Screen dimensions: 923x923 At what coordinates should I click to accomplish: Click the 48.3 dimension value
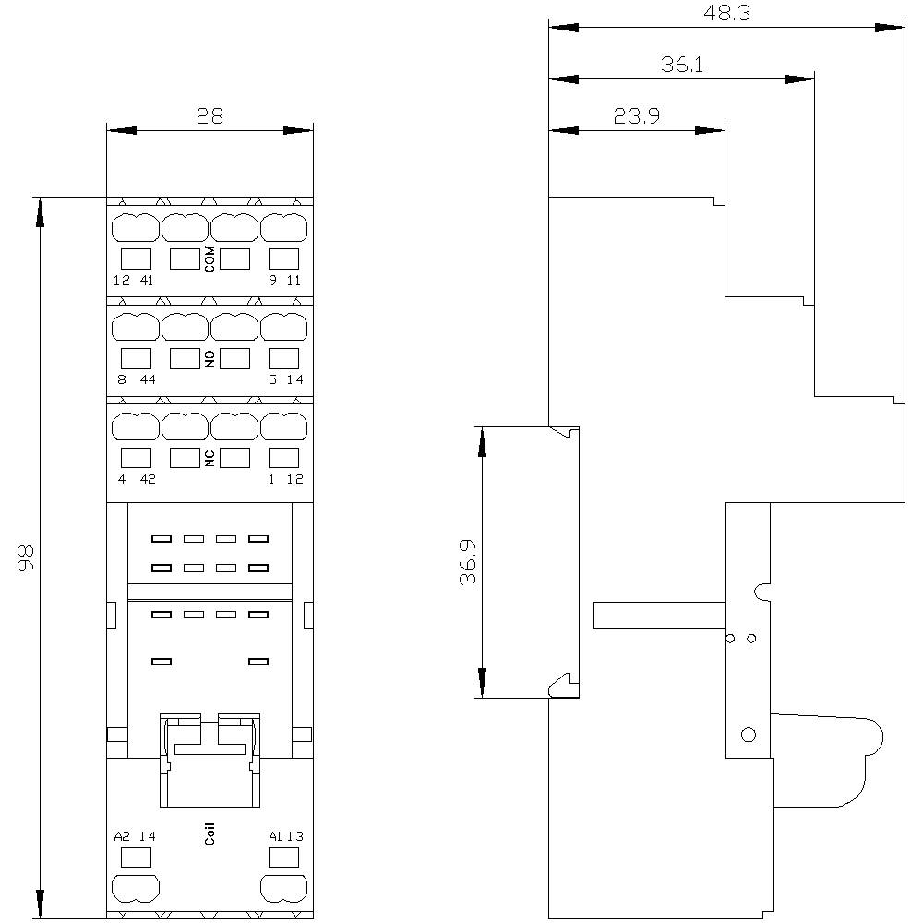click(x=727, y=13)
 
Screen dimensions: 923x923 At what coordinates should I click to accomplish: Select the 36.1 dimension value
click(x=682, y=65)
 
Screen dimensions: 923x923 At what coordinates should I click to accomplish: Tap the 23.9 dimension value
click(x=636, y=116)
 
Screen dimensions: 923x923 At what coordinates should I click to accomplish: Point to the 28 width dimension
click(x=210, y=116)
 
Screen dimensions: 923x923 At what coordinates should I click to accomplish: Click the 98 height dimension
click(x=26, y=558)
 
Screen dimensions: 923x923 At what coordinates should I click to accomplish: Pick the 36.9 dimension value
click(x=468, y=562)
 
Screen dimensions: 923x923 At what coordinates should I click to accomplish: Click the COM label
click(x=210, y=259)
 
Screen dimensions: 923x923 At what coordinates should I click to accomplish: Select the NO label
click(x=210, y=359)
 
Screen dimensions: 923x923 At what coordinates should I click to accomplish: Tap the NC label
click(x=210, y=459)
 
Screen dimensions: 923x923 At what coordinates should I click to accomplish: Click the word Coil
click(x=210, y=834)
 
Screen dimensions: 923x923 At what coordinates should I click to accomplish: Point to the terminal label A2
click(x=122, y=836)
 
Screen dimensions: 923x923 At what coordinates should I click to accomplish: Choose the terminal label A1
click(x=275, y=836)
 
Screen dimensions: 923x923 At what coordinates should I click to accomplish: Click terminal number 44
click(x=148, y=379)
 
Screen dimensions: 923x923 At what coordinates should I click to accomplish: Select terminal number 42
click(x=148, y=479)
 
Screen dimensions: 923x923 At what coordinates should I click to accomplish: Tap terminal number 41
click(x=147, y=281)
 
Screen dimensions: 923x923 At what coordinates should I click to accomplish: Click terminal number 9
click(x=272, y=281)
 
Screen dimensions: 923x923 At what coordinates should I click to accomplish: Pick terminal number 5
click(x=272, y=379)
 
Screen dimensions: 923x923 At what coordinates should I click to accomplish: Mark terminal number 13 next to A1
click(x=295, y=836)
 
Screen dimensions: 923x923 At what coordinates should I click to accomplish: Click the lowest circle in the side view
click(x=749, y=736)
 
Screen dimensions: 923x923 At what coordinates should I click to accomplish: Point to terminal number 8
click(x=122, y=379)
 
